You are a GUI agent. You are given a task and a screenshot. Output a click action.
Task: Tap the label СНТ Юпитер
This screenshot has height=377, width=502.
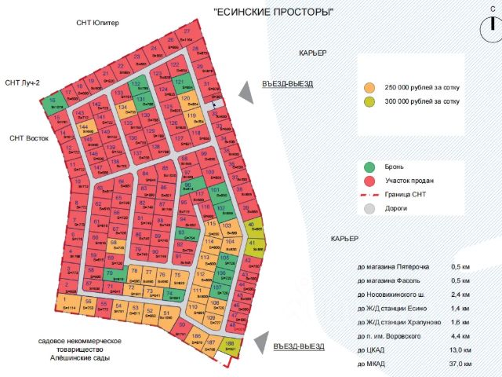pos(98,23)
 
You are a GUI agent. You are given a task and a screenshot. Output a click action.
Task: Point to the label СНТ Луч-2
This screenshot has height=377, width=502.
pos(22,82)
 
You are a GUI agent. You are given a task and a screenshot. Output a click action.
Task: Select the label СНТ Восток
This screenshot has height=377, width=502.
pos(29,138)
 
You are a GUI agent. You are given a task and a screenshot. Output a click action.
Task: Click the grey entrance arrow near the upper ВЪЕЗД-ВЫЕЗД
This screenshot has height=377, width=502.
pos(246,92)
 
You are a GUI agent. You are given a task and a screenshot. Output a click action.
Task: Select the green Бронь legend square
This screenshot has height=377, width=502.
pos(370,167)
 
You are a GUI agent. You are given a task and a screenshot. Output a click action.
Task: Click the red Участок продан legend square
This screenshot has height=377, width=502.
pos(370,181)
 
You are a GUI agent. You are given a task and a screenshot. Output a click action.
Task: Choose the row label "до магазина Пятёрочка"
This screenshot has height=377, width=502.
pos(394,267)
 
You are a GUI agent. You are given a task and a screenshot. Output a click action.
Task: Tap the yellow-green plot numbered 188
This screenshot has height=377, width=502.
pos(230,346)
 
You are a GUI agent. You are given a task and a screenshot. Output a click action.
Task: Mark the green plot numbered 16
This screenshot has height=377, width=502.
pos(53,104)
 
